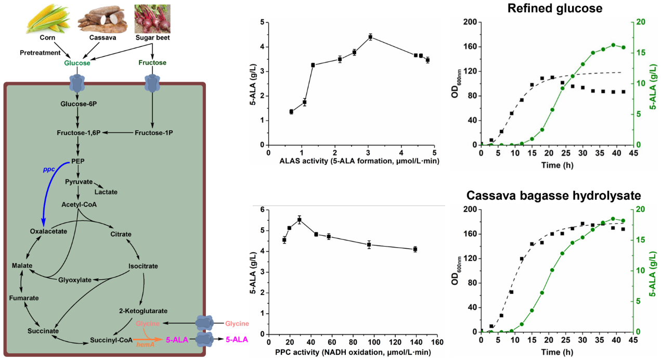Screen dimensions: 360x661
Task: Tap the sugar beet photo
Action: (x=152, y=18)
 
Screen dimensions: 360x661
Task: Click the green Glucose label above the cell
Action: (x=77, y=63)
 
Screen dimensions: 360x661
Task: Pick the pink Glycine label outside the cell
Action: (x=237, y=324)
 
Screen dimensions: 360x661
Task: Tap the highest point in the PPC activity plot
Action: (x=299, y=220)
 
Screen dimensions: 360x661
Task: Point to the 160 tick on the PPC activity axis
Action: (x=437, y=343)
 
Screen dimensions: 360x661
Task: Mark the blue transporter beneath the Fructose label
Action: (x=152, y=82)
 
